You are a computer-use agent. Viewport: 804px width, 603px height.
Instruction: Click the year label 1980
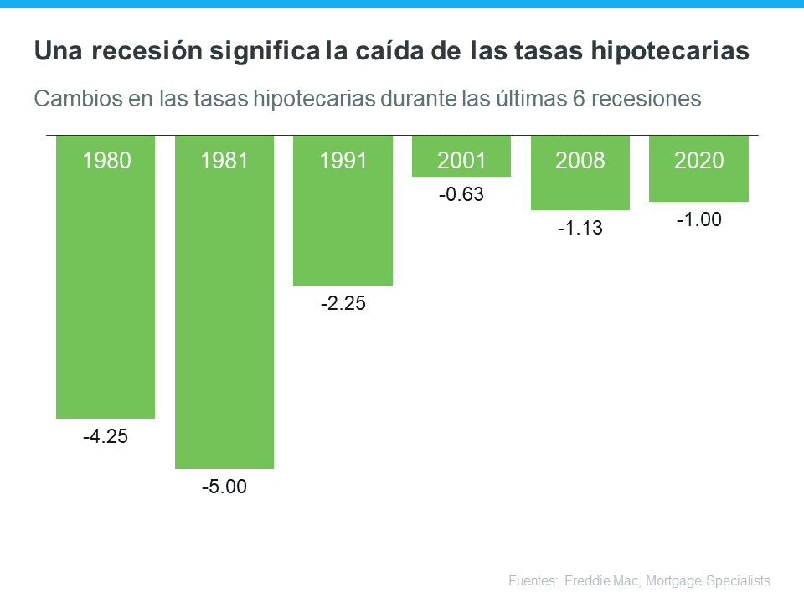coord(106,161)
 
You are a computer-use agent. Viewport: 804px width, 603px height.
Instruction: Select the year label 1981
coord(224,161)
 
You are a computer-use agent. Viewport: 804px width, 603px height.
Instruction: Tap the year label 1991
coord(343,161)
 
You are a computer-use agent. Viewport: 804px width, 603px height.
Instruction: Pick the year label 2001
coord(461,161)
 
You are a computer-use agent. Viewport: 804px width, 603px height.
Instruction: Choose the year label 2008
coord(580,161)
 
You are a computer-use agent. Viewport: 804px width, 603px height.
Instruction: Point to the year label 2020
coord(698,161)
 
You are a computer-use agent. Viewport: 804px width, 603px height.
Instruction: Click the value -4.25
coord(106,436)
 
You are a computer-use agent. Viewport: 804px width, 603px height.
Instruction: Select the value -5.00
coord(224,487)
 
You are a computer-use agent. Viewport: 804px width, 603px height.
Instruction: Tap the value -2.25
coord(343,303)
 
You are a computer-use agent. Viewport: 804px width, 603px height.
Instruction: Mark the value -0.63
coord(461,195)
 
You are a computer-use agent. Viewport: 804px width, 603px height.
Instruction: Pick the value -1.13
coord(580,228)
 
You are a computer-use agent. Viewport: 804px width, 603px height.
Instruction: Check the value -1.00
coord(698,219)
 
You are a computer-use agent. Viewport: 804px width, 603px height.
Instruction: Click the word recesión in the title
coord(143,52)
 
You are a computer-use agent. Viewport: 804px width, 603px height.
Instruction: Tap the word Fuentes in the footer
coord(533,580)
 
